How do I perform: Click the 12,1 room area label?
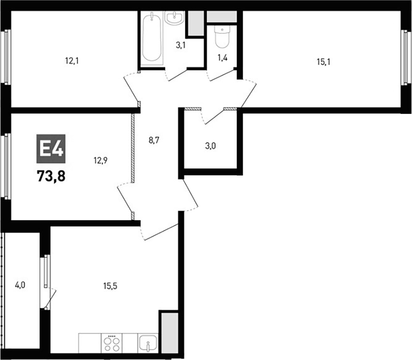click(x=72, y=61)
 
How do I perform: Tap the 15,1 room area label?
click(x=323, y=62)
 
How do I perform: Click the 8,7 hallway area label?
click(x=155, y=140)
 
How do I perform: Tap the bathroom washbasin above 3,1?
click(x=175, y=19)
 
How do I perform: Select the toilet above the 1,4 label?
click(x=222, y=38)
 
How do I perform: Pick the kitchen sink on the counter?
click(x=147, y=343)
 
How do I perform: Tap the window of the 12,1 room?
click(x=6, y=57)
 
